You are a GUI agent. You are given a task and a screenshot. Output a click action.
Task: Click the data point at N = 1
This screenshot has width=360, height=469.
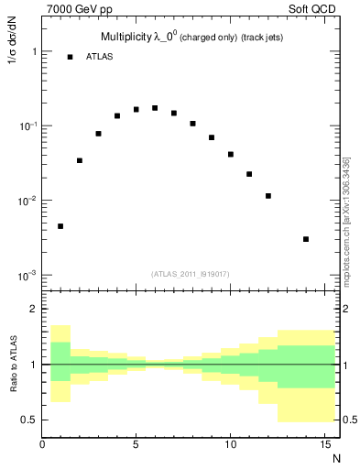pyautogui.click(x=60, y=226)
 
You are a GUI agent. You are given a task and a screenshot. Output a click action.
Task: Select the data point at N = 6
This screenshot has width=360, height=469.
pyautogui.click(x=155, y=108)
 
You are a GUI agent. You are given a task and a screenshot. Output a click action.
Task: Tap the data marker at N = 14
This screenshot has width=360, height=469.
pyautogui.click(x=306, y=239)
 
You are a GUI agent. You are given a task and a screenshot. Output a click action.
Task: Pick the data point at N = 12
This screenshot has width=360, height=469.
pyautogui.click(x=268, y=196)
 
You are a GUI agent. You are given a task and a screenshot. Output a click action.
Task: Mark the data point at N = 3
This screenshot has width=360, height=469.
pyautogui.click(x=98, y=134)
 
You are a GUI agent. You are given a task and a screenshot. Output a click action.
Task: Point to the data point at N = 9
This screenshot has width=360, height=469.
pyautogui.click(x=212, y=137)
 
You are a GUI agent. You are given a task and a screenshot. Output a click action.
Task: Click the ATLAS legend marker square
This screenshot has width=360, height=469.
pyautogui.click(x=70, y=57)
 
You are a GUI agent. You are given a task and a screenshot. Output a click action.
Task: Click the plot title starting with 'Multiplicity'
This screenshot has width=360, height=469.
pyautogui.click(x=180, y=37)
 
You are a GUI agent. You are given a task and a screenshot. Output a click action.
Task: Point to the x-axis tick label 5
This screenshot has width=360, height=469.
pyautogui.click(x=136, y=445)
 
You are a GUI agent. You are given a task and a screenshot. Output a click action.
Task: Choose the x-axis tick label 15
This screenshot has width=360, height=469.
pyautogui.click(x=323, y=445)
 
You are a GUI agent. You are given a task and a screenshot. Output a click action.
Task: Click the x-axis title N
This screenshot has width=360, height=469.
pyautogui.click(x=336, y=458)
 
